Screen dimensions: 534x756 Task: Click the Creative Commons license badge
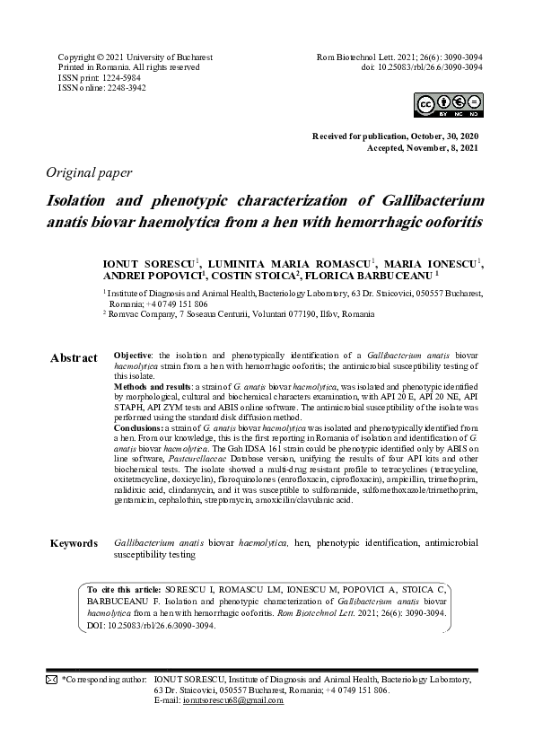tap(449, 105)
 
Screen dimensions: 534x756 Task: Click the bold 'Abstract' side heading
tap(74, 358)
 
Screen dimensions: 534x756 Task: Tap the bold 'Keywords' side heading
tap(74, 544)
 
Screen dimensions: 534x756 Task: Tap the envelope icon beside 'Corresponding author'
tap(51, 681)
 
